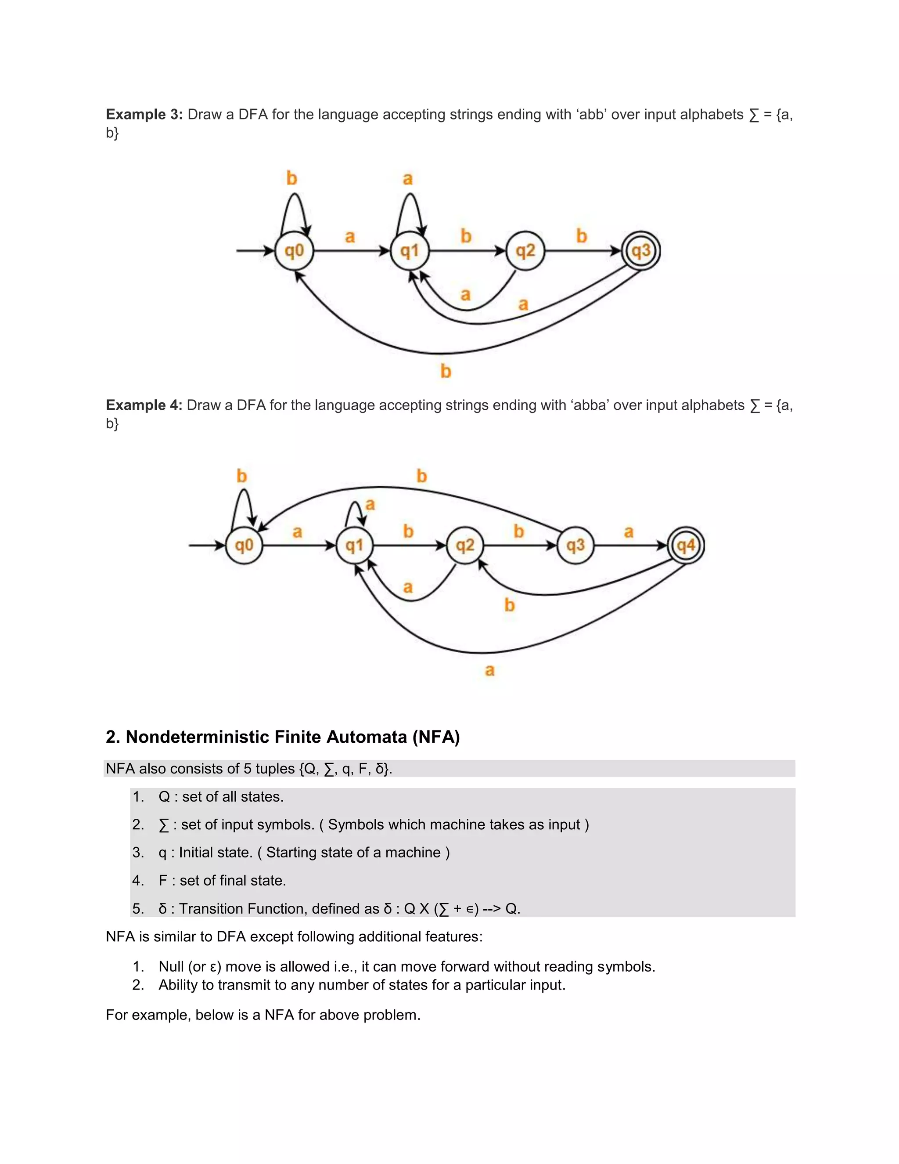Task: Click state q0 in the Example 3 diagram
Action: pyautogui.click(x=294, y=250)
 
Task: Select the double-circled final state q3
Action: pyautogui.click(x=641, y=250)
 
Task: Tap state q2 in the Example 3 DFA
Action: pyautogui.click(x=525, y=250)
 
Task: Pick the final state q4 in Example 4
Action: pyautogui.click(x=686, y=545)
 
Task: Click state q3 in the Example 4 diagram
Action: pyautogui.click(x=575, y=545)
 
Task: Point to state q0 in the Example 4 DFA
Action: pyautogui.click(x=244, y=545)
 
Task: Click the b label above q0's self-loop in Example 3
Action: pyautogui.click(x=291, y=178)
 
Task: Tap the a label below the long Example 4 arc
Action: pyautogui.click(x=489, y=670)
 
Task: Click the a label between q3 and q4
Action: pyautogui.click(x=629, y=532)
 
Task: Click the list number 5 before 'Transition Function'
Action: pyautogui.click(x=138, y=908)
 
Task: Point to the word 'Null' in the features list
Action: pyautogui.click(x=171, y=966)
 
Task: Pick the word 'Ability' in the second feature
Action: pyautogui.click(x=178, y=984)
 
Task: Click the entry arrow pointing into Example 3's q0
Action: pyautogui.click(x=255, y=250)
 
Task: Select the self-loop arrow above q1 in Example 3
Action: pyautogui.click(x=410, y=210)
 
